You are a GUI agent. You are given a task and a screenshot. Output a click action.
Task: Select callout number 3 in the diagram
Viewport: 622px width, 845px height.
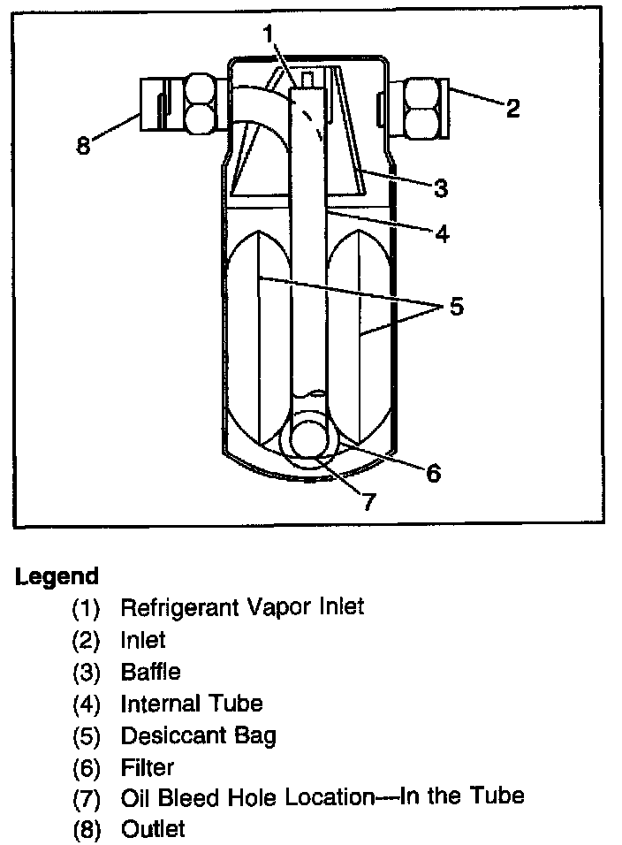pos(441,188)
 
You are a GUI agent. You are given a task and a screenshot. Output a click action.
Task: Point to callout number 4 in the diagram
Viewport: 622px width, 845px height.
pos(441,233)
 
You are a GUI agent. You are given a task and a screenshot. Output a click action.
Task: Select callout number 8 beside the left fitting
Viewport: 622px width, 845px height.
pos(83,145)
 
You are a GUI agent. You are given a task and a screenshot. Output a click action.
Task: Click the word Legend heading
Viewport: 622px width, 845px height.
pos(57,577)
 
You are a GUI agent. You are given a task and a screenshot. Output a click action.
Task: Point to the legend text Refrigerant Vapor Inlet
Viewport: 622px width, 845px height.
pos(241,607)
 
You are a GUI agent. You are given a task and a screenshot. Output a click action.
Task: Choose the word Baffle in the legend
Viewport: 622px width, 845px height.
pos(150,671)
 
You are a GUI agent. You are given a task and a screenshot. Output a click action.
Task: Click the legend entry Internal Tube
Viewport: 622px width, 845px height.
pos(191,703)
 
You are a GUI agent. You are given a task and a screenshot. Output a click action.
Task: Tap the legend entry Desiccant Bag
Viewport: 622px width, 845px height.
pos(198,735)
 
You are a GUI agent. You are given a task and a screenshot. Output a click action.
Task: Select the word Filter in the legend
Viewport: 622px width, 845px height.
pos(148,766)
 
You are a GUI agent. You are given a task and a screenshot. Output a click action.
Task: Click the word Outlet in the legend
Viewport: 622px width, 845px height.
pos(153,828)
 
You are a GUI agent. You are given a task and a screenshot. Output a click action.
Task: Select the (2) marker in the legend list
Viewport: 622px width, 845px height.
pos(87,639)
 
